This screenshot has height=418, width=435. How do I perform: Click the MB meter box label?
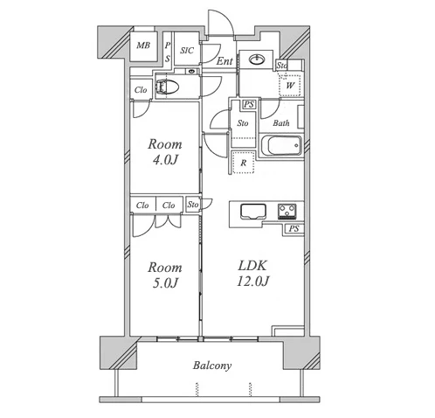coord(143,45)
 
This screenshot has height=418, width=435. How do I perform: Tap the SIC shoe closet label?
coord(187,51)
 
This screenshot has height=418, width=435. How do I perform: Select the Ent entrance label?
coord(224,61)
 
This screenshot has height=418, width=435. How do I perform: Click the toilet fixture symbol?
coord(167,87)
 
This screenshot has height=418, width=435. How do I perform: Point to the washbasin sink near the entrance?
coord(257,59)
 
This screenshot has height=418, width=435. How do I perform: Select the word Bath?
coord(281,123)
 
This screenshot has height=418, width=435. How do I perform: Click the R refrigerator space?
coord(244,163)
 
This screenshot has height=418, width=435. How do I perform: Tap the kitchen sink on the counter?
coord(253,212)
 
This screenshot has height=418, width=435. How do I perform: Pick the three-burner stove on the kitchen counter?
coord(287,211)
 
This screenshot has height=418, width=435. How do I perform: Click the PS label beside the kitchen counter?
coord(293,228)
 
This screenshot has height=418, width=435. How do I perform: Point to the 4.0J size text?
coord(165,160)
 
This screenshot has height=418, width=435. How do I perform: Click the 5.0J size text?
coord(165,283)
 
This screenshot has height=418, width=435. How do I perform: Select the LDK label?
coord(252,266)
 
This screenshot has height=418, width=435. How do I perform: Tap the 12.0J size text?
coord(252,282)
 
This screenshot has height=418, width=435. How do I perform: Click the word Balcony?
coord(212,366)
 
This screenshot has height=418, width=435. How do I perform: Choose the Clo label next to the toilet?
coord(141,90)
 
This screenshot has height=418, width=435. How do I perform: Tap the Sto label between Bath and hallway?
coord(243,123)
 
